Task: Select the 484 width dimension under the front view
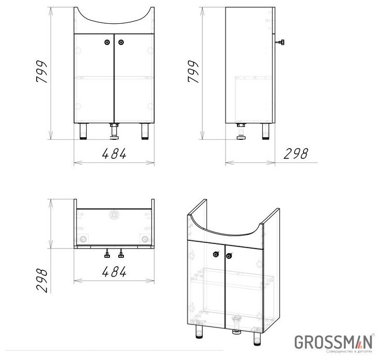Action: tap(114, 154)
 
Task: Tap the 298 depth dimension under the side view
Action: tap(295, 154)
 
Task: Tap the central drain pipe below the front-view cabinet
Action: tap(114, 132)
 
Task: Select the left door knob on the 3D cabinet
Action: tap(215, 253)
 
